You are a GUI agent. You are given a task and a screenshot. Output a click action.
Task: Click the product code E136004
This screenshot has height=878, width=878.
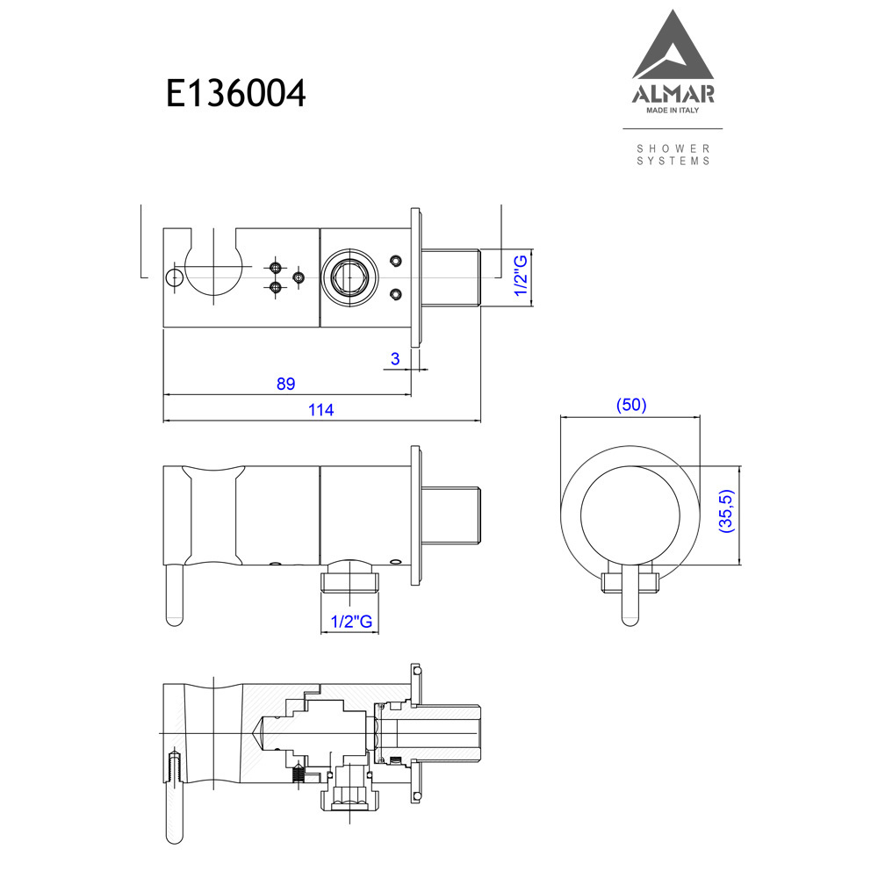point(235,93)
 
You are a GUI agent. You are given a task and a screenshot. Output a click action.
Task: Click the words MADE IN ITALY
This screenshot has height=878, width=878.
point(673,111)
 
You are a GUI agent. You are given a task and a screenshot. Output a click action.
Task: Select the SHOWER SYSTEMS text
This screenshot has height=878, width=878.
point(673,155)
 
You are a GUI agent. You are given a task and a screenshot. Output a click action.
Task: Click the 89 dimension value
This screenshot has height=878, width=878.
point(285,384)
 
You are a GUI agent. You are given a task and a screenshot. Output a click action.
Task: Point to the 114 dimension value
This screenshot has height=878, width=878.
point(320,410)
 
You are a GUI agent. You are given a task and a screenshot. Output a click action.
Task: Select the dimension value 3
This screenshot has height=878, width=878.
point(395,359)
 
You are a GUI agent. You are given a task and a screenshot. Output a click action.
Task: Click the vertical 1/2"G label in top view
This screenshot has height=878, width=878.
point(521,276)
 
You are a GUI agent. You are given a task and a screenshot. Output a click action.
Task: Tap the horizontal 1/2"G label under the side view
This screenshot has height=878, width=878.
point(351,621)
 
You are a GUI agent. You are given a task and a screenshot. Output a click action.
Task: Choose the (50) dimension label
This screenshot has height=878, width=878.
point(631,405)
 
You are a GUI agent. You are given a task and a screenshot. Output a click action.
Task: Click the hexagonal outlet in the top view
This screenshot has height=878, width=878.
point(349,277)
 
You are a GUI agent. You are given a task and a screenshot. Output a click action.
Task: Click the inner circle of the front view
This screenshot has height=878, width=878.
point(630,515)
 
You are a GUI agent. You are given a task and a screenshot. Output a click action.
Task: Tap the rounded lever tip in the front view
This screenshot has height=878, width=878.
point(630,620)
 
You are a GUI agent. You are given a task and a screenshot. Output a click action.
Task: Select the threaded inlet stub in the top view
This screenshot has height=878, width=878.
point(450,277)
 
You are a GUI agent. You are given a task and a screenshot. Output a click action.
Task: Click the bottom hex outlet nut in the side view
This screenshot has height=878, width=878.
point(350,582)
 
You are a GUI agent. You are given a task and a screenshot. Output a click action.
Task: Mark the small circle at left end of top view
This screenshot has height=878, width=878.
point(174,277)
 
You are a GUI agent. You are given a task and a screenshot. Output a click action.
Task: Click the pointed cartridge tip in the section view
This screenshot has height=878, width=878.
point(259,733)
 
